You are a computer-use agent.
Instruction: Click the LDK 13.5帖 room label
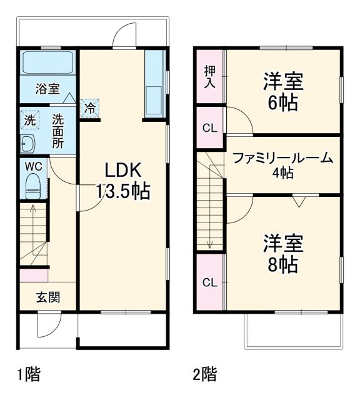[122, 181]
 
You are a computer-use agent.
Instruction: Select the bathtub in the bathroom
[48, 63]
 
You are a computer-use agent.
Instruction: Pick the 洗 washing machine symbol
[29, 119]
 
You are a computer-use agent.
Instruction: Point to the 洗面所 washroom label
[57, 129]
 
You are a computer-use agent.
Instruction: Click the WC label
[32, 166]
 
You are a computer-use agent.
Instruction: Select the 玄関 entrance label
[47, 297]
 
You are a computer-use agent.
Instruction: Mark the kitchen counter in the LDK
[154, 84]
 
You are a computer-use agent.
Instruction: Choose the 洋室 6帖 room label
[282, 91]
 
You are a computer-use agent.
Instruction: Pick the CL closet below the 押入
[210, 128]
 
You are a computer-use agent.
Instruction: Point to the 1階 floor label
[28, 375]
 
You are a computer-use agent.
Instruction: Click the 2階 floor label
[204, 375]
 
